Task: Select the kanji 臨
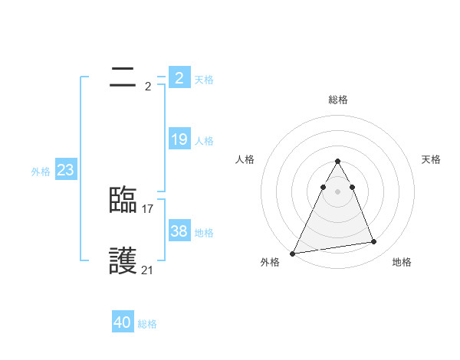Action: tap(123, 200)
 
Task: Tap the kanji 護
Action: tap(123, 261)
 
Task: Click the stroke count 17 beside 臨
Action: tap(148, 208)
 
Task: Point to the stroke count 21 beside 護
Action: tap(148, 270)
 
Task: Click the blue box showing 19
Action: tap(179, 139)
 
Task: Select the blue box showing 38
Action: tap(179, 231)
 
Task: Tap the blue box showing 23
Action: tap(65, 170)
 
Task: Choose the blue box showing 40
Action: tap(123, 322)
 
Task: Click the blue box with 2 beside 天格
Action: tap(179, 78)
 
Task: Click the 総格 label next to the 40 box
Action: tap(147, 324)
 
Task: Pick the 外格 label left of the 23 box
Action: tap(41, 172)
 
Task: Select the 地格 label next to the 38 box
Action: tap(204, 233)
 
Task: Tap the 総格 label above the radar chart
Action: tap(337, 100)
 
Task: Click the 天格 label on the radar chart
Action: tap(432, 159)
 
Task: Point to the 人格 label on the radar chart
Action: tap(245, 159)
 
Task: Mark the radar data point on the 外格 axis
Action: tap(293, 253)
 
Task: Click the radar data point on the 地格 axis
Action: tap(374, 242)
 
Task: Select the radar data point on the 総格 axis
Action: tap(337, 161)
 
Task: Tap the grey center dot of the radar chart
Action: tap(337, 191)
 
